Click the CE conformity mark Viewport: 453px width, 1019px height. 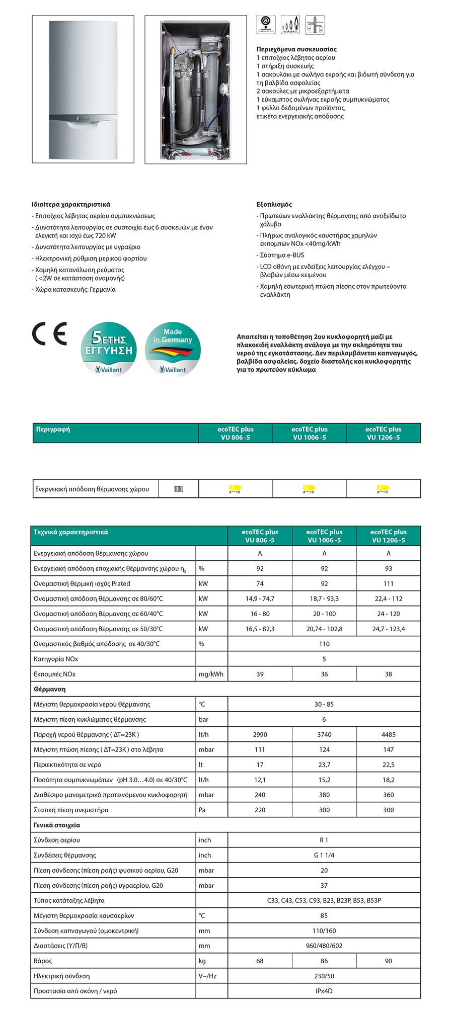49,334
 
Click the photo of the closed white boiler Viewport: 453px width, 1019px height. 83,89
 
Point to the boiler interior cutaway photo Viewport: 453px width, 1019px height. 195,90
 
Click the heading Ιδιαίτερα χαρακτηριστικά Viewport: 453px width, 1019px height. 70,205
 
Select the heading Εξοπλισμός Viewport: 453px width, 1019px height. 274,205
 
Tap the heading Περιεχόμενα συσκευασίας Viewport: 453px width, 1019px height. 296,49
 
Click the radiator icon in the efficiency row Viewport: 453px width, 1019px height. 179,489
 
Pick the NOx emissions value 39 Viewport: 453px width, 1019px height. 260,674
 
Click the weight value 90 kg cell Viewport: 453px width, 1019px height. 388,961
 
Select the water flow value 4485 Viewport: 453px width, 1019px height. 388,734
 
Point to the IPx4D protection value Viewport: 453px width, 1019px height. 324,991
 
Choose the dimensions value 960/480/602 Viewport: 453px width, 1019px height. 324,946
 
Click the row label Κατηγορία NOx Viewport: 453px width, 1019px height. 56,659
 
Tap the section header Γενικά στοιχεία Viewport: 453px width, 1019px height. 57,825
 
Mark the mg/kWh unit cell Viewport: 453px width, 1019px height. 211,674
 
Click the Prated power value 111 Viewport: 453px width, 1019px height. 388,583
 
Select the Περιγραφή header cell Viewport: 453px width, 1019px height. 53,430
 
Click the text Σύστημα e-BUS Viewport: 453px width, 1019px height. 282,255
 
